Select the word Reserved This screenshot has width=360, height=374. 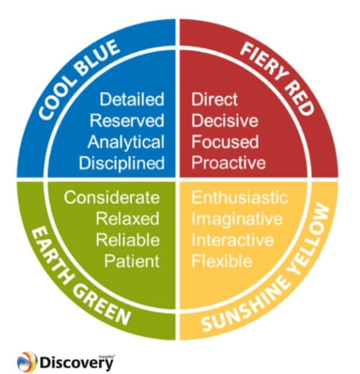tap(127, 121)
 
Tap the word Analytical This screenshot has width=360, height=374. tap(126, 142)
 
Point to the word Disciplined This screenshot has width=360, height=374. tap(122, 163)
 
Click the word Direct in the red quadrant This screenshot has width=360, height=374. tap(215, 99)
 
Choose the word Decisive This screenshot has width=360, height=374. tap(225, 121)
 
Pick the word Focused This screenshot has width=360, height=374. tap(225, 142)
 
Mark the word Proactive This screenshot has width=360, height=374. tap(229, 163)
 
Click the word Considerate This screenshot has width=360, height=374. tap(112, 197)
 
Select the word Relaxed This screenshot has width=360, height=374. tap(127, 219)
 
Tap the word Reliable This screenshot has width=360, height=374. tap(127, 240)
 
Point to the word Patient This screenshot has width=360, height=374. tap(131, 261)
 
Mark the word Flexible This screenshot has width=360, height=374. tap(222, 261)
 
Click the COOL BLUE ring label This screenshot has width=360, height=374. tap(78, 78)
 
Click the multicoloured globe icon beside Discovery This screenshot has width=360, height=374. tap(27, 362)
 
